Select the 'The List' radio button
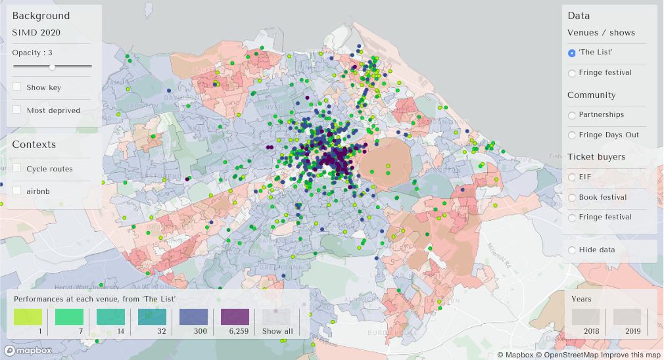(572, 53)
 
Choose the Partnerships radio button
(572, 115)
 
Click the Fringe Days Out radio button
(572, 135)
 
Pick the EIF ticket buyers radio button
(572, 177)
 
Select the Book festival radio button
(572, 198)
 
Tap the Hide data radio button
(572, 250)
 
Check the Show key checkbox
(17, 87)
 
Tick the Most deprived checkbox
(17, 110)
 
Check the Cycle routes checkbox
(17, 169)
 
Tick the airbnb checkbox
(17, 191)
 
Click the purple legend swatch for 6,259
(235, 317)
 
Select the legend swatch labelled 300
(193, 317)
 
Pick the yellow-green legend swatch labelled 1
(28, 317)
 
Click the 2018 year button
(585, 317)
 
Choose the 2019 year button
(627, 317)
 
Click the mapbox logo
(28, 351)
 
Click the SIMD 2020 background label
(36, 32)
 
